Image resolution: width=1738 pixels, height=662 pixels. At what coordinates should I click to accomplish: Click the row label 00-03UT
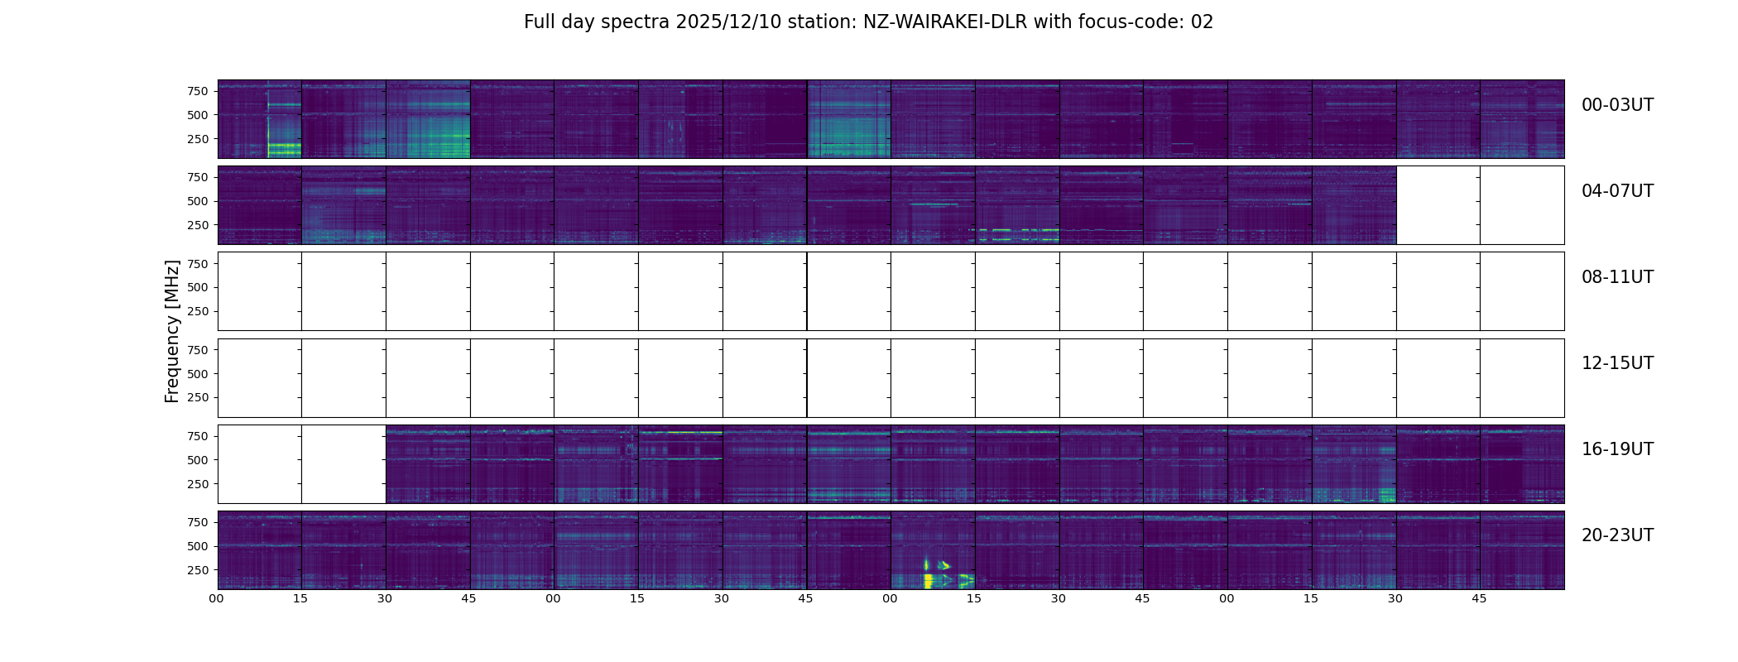click(1617, 105)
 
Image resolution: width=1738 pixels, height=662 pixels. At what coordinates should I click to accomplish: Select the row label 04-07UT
click(1617, 191)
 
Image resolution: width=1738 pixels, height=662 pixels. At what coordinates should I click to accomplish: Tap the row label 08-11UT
click(1617, 277)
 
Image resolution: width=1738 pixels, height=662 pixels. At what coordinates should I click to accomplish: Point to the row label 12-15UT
click(1617, 363)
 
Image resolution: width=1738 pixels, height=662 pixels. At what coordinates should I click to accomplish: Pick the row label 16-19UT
click(1617, 449)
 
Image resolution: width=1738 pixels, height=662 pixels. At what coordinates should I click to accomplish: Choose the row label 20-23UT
click(1617, 535)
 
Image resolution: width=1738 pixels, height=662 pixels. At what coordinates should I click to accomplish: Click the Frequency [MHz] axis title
click(172, 331)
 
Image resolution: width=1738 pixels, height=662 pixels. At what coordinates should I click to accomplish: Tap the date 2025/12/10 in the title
click(720, 22)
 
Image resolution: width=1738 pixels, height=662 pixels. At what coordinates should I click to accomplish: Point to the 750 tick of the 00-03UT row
click(197, 91)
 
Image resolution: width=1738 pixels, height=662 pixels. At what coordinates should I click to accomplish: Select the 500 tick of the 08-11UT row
click(197, 287)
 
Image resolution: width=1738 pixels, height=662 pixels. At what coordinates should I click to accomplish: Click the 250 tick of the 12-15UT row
click(197, 397)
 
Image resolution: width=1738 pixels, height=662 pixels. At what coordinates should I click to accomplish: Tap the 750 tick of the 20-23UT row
click(197, 522)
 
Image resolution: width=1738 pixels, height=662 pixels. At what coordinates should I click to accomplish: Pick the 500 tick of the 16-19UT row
click(197, 460)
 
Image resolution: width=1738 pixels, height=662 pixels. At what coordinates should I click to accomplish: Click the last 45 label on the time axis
click(1479, 598)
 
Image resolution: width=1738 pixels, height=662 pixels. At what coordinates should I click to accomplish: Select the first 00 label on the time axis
click(217, 598)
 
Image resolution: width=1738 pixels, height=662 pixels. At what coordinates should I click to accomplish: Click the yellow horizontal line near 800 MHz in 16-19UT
click(680, 432)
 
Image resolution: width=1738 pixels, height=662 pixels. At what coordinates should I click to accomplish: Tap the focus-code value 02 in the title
click(1202, 22)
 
